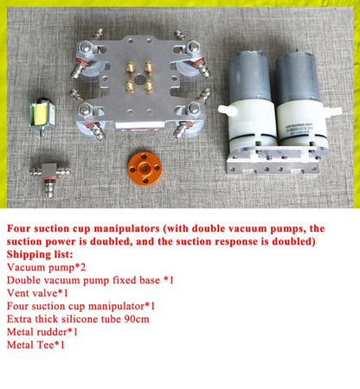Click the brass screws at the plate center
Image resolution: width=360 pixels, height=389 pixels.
[135, 77]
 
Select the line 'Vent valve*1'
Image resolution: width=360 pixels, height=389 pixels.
[39, 293]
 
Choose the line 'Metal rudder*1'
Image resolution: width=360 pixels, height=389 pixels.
[42, 331]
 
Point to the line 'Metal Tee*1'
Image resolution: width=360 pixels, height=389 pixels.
[36, 344]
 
